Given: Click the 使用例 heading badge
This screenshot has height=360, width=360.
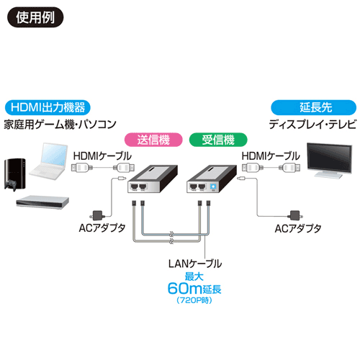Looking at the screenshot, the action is [x=35, y=17].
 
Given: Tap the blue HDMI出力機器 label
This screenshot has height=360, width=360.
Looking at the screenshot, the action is [x=48, y=107].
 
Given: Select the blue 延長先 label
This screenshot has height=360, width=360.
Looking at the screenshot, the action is [x=314, y=107].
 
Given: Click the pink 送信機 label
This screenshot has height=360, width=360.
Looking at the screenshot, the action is [x=153, y=140].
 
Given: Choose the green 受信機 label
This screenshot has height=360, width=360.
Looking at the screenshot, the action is [x=218, y=140].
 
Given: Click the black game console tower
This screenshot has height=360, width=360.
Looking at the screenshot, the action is [x=15, y=174].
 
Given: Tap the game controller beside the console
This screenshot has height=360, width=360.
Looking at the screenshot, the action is [x=11, y=185].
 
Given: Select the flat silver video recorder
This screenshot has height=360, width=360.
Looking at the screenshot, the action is [x=42, y=202].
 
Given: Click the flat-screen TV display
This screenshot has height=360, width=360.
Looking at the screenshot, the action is [x=329, y=160].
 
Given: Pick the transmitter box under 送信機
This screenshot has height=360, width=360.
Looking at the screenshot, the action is [x=153, y=179].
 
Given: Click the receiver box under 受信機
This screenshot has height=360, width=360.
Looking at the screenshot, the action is [x=212, y=179].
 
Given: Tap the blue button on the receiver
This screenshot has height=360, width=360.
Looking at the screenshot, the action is [x=213, y=186].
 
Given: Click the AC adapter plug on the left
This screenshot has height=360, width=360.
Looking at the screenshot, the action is [x=97, y=215].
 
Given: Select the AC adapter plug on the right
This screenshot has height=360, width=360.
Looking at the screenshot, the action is [x=294, y=215].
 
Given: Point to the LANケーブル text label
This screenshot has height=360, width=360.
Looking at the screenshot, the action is [x=195, y=264].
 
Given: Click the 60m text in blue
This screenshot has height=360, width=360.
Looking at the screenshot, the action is [x=185, y=289].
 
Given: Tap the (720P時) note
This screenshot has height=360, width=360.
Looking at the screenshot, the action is [x=194, y=300].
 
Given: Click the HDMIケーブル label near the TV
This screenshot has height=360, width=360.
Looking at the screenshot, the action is [x=271, y=156].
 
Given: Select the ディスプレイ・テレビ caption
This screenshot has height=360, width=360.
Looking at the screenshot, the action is [x=312, y=125].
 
